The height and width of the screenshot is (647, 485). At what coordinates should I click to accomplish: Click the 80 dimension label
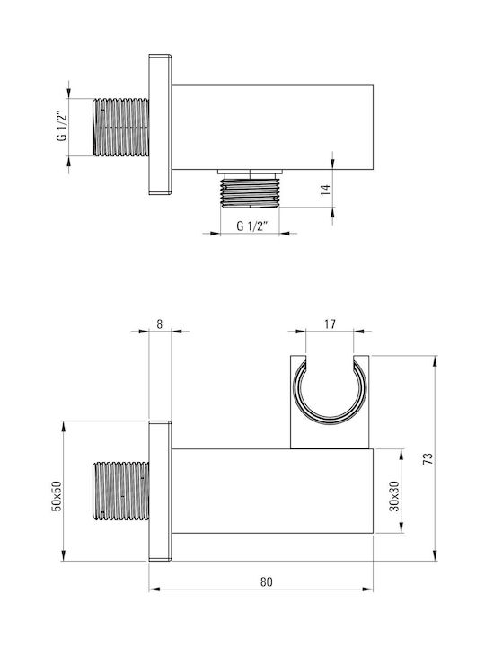coord(267,581)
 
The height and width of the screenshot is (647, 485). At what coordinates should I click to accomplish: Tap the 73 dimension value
coord(428,459)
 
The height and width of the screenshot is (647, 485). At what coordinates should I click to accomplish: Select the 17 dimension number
coord(330,324)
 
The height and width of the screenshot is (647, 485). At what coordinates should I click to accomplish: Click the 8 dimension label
coord(160,324)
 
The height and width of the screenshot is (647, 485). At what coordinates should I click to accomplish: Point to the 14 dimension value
coord(326,190)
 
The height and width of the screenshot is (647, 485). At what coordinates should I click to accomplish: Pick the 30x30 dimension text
coord(395,496)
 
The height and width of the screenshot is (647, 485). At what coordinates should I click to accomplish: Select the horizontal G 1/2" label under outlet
coord(252,226)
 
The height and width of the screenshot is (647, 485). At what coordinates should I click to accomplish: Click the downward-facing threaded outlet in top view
coord(251,190)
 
